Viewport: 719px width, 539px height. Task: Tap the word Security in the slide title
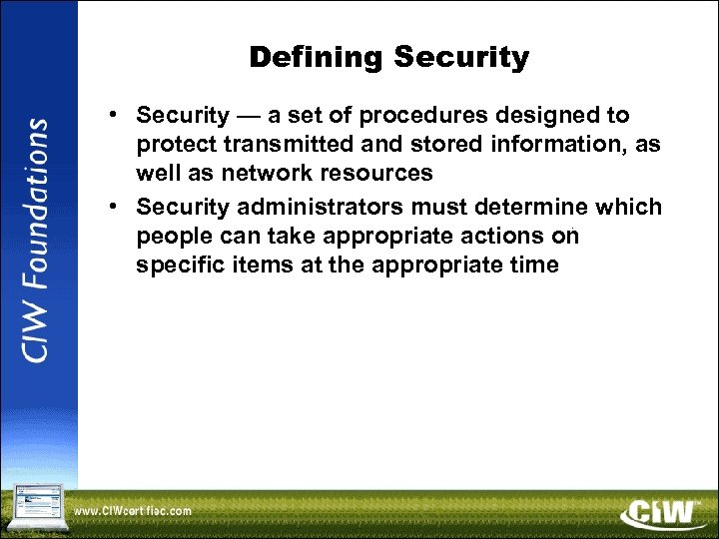tap(461, 58)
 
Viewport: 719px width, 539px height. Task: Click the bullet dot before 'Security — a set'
tap(117, 116)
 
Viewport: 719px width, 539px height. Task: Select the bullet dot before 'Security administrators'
tap(117, 207)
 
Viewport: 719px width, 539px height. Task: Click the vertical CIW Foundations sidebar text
tap(36, 241)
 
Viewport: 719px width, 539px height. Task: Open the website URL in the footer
tap(133, 511)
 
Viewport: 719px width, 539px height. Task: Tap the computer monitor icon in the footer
tap(34, 506)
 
